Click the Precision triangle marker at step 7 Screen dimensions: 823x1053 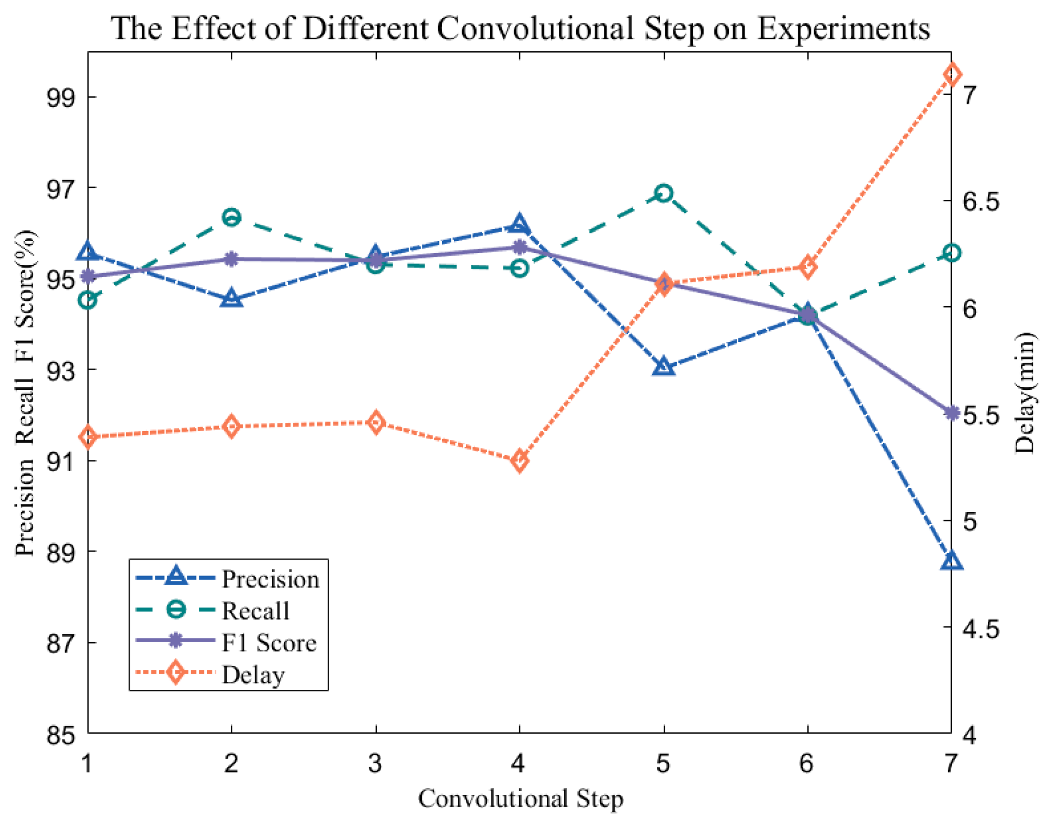pyautogui.click(x=951, y=561)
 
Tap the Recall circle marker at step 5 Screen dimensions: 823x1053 pyautogui.click(x=663, y=193)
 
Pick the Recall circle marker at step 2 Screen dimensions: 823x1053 pyautogui.click(x=232, y=218)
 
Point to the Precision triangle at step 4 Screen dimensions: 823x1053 pyautogui.click(x=519, y=224)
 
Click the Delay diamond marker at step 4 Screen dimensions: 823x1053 pyautogui.click(x=520, y=461)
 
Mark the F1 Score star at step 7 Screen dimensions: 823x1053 pyautogui.click(x=951, y=413)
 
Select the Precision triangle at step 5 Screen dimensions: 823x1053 pyautogui.click(x=664, y=367)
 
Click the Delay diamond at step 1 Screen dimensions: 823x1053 pyautogui.click(x=88, y=437)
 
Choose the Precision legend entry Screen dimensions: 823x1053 pyautogui.click(x=270, y=579)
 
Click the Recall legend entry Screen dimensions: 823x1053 pyautogui.click(x=255, y=611)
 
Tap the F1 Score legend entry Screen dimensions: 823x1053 pyautogui.click(x=269, y=643)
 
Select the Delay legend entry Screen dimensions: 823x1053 pyautogui.click(x=253, y=675)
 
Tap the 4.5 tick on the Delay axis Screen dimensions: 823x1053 pyautogui.click(x=980, y=629)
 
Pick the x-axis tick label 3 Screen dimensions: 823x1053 pyautogui.click(x=375, y=763)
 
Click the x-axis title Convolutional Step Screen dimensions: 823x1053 pyautogui.click(x=520, y=799)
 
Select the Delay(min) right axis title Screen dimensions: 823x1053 pyautogui.click(x=1025, y=392)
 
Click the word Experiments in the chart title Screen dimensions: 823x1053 pyautogui.click(x=843, y=28)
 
